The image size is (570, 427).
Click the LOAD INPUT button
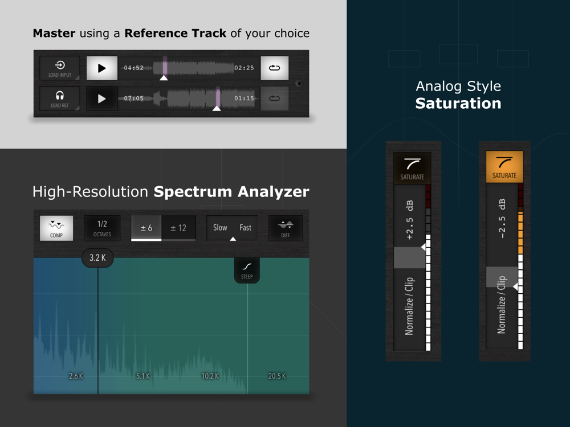tap(60, 68)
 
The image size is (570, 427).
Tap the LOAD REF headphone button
tap(60, 98)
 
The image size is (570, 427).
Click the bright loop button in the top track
tap(275, 68)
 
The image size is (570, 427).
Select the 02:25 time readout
tap(244, 68)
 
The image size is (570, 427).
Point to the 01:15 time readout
tap(244, 98)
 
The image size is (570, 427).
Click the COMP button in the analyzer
tap(56, 228)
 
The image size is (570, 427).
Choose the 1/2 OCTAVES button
tap(102, 228)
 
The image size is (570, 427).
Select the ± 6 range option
tap(146, 228)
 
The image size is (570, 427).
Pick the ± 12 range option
tap(178, 228)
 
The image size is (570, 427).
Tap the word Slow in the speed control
tap(220, 228)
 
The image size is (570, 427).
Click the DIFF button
tap(286, 228)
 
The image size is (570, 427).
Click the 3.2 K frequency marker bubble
tap(98, 258)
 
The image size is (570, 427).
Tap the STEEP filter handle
tap(247, 270)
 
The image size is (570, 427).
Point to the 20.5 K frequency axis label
tap(277, 376)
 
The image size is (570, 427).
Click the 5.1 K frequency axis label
tap(143, 376)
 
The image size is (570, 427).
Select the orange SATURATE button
tap(504, 167)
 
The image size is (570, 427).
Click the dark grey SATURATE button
tap(412, 168)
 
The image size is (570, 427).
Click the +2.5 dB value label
tap(410, 220)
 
